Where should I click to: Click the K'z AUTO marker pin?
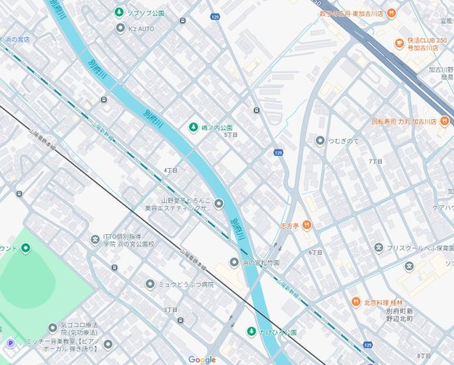coord(120,28)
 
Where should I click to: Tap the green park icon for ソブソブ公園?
coord(118,12)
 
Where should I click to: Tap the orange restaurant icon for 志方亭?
coord(306,224)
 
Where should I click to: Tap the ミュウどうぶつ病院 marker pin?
coord(150,284)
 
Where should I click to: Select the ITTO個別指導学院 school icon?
coord(95,240)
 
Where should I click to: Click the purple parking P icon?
coord(11,344)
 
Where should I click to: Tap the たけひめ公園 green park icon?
coord(251,332)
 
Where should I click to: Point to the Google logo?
coord(202,360)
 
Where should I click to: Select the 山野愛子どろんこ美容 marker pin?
coord(219,203)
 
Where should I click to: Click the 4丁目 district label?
coord(169,170)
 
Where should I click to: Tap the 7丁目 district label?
coord(374,161)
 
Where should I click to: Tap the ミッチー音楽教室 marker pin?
coord(108,344)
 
